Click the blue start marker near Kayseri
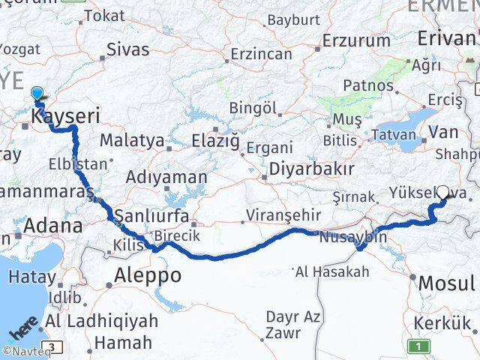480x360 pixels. [37, 94]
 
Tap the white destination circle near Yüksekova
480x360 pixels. [443, 192]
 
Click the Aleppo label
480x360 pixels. [147, 275]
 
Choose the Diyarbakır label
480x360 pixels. [311, 168]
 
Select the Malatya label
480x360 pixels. [131, 140]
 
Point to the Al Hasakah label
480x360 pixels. [333, 271]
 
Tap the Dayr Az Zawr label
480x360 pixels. [293, 323]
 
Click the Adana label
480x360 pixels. [53, 225]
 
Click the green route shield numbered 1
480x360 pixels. [419, 346]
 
